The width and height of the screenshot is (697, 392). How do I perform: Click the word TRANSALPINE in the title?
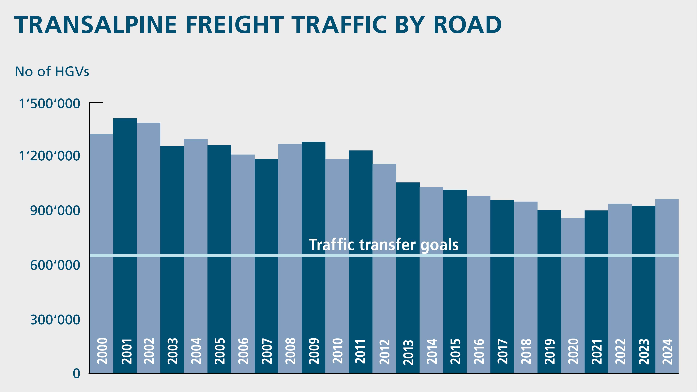pyautogui.click(x=95, y=25)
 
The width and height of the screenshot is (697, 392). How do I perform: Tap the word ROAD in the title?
pyautogui.click(x=467, y=25)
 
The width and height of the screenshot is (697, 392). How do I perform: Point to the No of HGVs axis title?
pyautogui.click(x=52, y=72)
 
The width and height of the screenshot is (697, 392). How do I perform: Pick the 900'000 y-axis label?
pyautogui.click(x=55, y=211)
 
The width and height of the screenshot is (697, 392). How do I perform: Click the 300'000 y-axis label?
pyautogui.click(x=55, y=320)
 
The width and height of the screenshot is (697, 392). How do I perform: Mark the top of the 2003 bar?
pyautogui.click(x=172, y=147)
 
